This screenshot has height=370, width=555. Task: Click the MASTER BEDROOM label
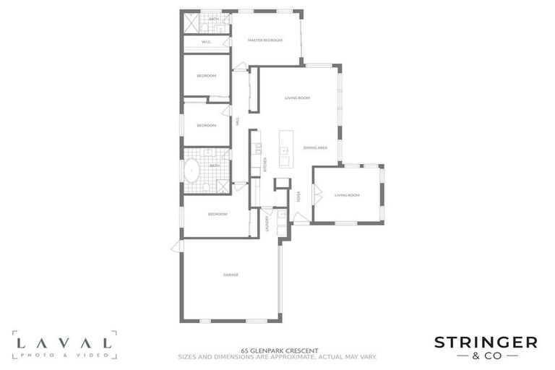tap(264, 40)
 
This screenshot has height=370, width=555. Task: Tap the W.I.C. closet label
tap(206, 43)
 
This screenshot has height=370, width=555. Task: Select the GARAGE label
tap(231, 275)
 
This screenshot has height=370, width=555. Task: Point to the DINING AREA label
tap(316, 147)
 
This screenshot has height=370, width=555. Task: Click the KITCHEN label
tap(264, 164)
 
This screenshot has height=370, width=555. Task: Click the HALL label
tap(236, 124)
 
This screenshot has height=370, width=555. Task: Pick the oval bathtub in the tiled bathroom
tap(192, 172)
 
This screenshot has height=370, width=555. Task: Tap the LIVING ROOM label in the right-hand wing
tap(347, 195)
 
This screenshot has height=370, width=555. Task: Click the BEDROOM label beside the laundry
tap(218, 214)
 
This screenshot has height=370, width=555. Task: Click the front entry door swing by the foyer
tap(302, 218)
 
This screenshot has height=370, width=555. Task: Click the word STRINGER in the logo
tap(485, 342)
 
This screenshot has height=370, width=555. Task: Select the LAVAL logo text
tap(64, 342)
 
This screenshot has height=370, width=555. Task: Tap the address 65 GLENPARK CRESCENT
tap(277, 350)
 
